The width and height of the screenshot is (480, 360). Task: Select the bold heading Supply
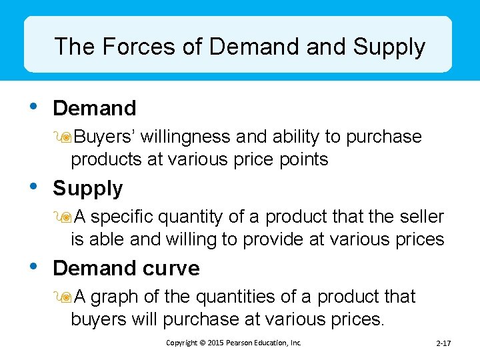pyautogui.click(x=88, y=189)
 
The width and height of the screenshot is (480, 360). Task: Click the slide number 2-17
pyautogui.click(x=443, y=343)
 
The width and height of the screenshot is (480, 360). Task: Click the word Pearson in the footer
pyautogui.click(x=238, y=343)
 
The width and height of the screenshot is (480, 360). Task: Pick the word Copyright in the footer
pyautogui.click(x=182, y=343)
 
